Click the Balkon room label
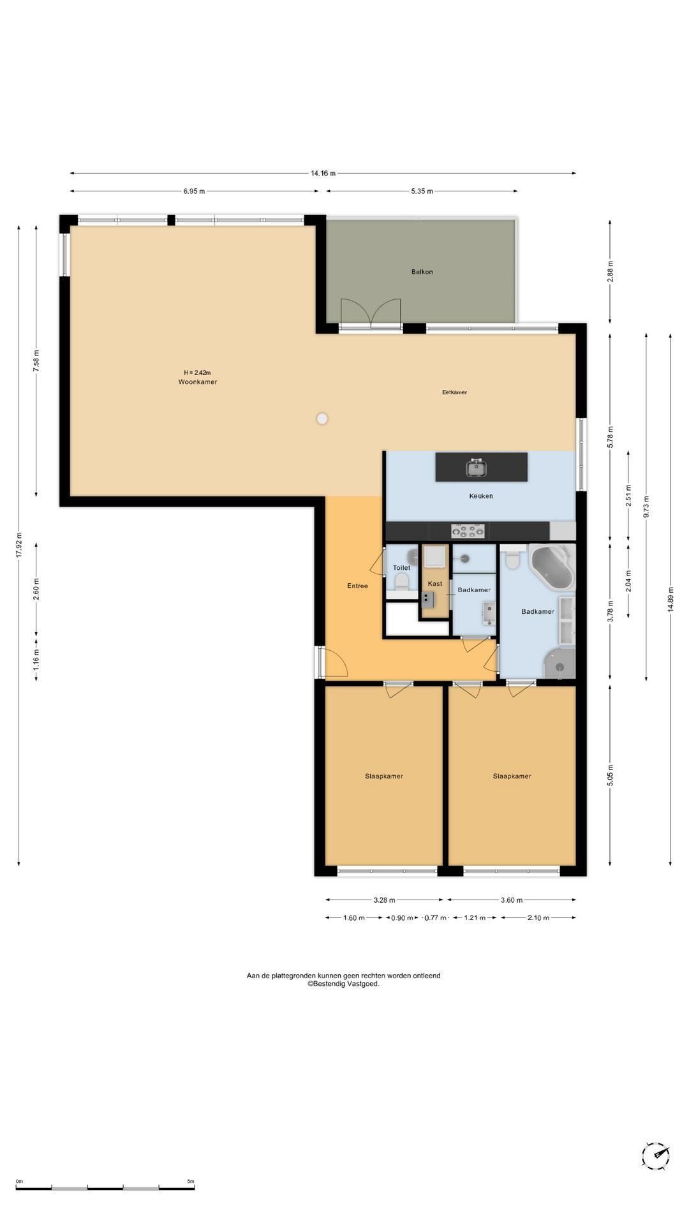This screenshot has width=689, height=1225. tap(422, 272)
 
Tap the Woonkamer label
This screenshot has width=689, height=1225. tap(198, 382)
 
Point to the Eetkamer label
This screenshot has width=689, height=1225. tap(454, 392)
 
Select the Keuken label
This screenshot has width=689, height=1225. tap(480, 496)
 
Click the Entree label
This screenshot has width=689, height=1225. tap(357, 586)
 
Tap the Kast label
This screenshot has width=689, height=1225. tap(435, 584)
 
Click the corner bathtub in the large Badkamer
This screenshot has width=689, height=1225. tap(552, 567)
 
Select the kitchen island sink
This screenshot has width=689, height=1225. tap(476, 468)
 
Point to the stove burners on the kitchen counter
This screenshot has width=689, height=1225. tap(468, 530)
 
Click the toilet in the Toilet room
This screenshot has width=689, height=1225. tap(401, 583)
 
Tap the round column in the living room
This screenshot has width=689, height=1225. tap(322, 419)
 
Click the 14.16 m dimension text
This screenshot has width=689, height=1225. tap(323, 173)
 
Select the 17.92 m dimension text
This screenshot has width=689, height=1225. tap(19, 545)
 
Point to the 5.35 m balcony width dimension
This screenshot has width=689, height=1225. tap(422, 191)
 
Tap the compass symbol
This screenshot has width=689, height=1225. tap(655, 1155)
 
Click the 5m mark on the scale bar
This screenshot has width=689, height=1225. tap(191, 1182)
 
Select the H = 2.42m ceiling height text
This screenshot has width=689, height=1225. tap(197, 373)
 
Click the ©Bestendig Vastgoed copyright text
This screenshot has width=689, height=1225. tap(343, 984)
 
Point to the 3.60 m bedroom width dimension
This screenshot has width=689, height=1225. tap(511, 900)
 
